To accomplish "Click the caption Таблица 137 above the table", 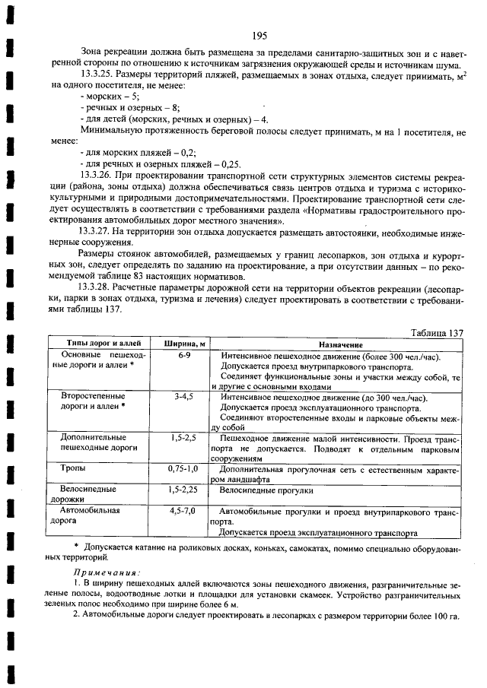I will pyautogui.click(x=436, y=332).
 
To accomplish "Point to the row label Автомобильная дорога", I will pyautogui.click(x=85, y=517).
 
